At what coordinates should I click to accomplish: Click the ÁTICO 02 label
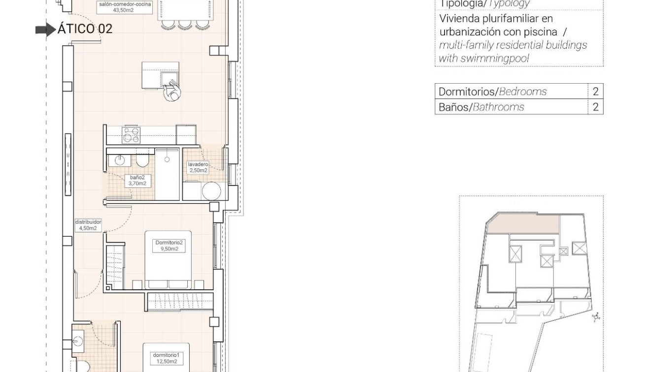click(85, 29)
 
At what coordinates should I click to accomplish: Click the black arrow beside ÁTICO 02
click(46, 30)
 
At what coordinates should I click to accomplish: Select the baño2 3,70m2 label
click(138, 180)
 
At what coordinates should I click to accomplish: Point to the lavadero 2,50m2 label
click(198, 167)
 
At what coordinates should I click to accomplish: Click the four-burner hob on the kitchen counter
click(131, 135)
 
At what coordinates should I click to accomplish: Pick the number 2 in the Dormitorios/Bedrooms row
click(595, 92)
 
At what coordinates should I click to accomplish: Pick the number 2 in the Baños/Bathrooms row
click(595, 107)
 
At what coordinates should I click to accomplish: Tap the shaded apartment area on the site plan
click(522, 224)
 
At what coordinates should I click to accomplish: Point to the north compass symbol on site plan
click(596, 317)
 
